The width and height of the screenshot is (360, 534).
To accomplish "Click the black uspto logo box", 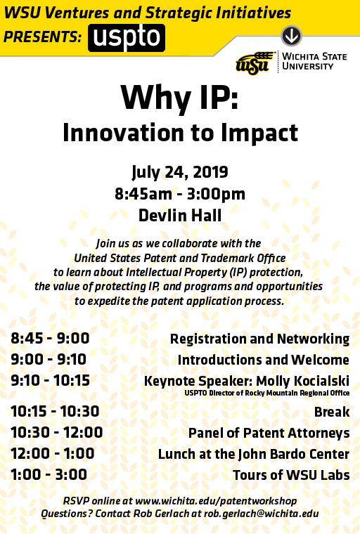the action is pos(127,38).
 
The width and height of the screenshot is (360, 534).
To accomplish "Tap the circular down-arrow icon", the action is pos(291,36).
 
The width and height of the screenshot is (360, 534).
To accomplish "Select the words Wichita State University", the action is pos(314,61).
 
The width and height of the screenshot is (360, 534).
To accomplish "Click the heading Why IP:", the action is pos(180,98).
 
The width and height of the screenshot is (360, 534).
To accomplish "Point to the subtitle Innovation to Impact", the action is pos(180,133).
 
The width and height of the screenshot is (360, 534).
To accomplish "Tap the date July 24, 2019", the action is pos(180,172).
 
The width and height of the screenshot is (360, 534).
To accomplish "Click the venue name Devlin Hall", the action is pos(180,216).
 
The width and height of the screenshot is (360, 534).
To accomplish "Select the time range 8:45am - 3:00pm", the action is pos(180,194).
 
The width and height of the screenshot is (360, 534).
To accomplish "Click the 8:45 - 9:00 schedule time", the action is pos(50,338).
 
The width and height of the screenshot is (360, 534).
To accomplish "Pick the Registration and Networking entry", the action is pos(259,339).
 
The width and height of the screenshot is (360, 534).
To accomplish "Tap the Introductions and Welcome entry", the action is pos(264,360).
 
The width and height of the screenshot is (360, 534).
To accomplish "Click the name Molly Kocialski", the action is pos(303,381).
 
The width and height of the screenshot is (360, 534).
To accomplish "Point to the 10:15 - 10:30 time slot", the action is pos(56,412).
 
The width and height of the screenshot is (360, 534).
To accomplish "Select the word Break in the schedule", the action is pos(332,412).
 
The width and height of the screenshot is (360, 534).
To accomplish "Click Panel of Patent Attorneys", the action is pos(269,434).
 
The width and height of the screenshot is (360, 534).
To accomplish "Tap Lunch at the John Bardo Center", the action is pos(254,455).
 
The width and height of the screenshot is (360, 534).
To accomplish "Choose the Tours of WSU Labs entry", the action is pos(291,475).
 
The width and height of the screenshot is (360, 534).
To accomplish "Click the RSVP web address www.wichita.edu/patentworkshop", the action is pos(216,501).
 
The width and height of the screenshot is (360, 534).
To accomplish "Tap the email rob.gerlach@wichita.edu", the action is pos(261,514).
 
